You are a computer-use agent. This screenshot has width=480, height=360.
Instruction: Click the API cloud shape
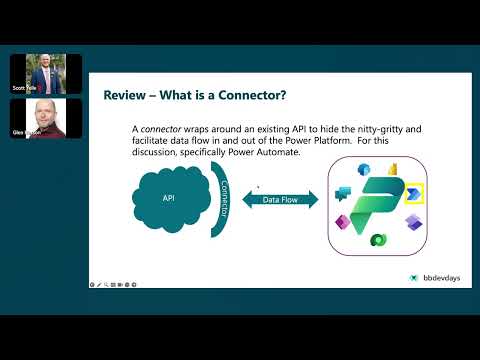(168, 199)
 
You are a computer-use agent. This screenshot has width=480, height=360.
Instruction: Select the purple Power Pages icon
(411, 219)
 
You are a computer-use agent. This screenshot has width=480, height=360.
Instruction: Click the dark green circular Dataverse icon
(378, 240)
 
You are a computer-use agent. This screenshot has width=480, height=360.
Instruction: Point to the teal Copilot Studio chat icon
(342, 193)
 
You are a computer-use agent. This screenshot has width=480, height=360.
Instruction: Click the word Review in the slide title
(125, 95)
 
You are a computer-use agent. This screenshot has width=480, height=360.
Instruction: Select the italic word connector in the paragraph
(161, 130)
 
